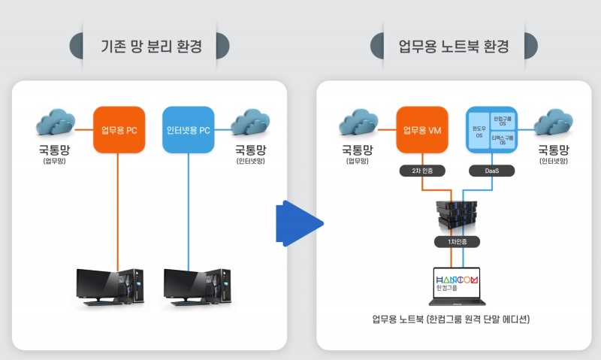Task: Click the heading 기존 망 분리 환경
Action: coord(148,46)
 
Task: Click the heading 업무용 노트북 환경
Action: coord(454,46)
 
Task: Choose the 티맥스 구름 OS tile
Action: coord(502,141)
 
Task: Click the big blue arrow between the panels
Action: coord(298,223)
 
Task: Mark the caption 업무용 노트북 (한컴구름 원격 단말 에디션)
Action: coord(451,319)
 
